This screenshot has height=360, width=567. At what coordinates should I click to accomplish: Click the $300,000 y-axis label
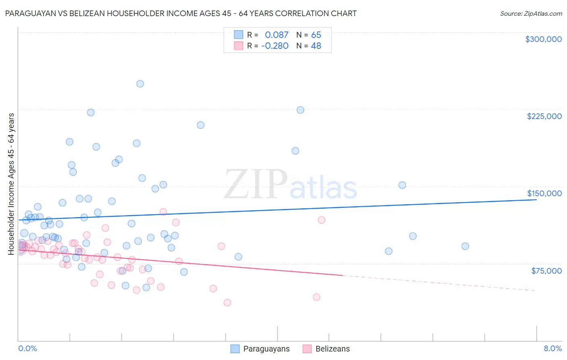[x=543, y=39]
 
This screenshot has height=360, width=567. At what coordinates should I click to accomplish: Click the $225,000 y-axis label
[x=544, y=116]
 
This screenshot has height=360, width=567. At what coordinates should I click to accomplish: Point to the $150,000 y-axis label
[x=544, y=193]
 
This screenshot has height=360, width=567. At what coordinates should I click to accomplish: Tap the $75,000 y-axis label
[x=546, y=271]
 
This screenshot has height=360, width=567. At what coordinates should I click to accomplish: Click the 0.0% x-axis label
[x=27, y=349]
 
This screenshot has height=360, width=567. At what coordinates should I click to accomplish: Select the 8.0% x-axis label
[x=552, y=349]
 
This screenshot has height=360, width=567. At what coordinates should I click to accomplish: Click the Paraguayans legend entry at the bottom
[x=266, y=349]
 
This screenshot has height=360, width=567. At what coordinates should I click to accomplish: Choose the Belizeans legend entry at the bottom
[x=332, y=349]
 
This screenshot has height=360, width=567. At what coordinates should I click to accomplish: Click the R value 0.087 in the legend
[x=277, y=35]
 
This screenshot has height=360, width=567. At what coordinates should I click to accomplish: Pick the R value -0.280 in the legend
[x=275, y=46]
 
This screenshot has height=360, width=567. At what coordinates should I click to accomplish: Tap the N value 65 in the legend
[x=316, y=35]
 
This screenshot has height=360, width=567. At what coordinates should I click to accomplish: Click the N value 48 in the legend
[x=316, y=46]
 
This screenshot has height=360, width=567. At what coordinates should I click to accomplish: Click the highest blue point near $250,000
[x=140, y=84]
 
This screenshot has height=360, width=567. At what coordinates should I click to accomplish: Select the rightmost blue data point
[x=465, y=246]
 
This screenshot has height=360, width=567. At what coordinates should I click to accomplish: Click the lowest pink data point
[x=227, y=303]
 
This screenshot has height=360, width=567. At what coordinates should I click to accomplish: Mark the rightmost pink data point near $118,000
[x=321, y=220]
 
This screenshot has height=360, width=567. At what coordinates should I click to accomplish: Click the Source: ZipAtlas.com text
[x=531, y=14]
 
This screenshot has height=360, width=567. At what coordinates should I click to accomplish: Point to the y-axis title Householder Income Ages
[x=11, y=184]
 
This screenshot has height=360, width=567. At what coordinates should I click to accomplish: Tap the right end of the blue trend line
[x=536, y=199]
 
